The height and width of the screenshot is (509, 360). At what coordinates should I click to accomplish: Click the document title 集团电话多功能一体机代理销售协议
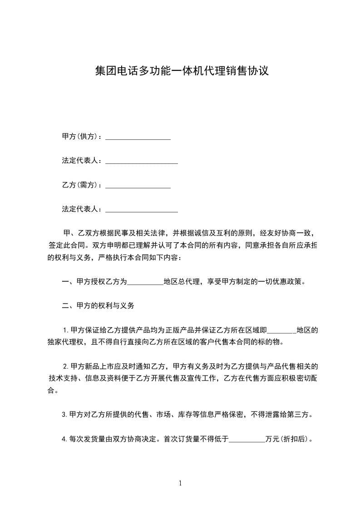point(180,71)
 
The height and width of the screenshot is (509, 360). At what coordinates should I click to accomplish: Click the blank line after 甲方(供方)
point(138,137)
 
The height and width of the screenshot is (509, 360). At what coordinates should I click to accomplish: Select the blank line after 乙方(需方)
point(138,185)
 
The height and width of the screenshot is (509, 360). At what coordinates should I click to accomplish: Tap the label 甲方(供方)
point(81,137)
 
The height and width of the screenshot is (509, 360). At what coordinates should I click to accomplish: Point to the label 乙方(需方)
point(81,185)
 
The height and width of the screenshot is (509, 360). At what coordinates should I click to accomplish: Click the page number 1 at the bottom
point(180,483)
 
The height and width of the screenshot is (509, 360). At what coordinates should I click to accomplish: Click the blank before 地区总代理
point(145,282)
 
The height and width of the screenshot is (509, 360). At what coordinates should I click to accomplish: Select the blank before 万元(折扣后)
point(247,439)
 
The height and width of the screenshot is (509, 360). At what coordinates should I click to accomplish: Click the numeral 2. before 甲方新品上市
point(65,366)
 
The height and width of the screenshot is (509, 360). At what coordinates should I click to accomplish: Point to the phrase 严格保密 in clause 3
point(230,415)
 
